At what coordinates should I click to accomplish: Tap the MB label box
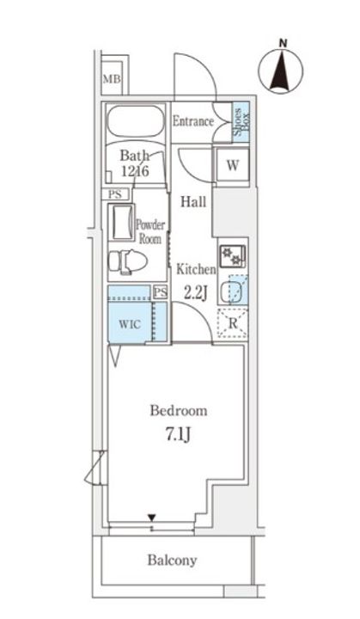tap(112, 80)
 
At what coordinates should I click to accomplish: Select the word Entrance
tap(192, 121)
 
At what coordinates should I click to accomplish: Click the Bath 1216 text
tap(135, 163)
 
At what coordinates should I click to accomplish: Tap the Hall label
tap(192, 201)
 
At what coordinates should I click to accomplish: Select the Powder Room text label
tap(150, 230)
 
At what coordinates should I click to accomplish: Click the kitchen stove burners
tap(232, 254)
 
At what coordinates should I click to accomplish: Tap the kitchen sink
tap(232, 291)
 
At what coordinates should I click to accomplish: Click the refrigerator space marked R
tap(232, 324)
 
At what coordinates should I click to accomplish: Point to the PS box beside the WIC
tap(160, 292)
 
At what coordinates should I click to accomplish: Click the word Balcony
tap(171, 561)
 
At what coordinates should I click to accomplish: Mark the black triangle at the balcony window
tap(151, 518)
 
